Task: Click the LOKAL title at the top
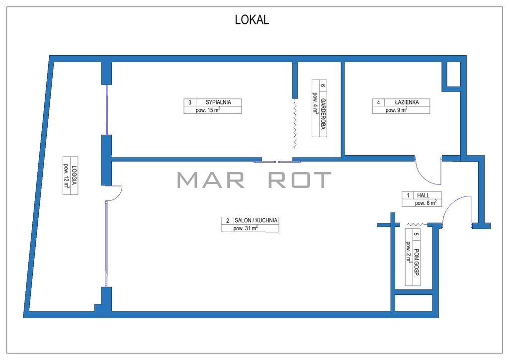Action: point(252,20)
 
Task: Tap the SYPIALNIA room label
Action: point(218,102)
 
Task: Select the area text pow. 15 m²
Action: point(208,110)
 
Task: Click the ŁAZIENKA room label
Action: point(407,102)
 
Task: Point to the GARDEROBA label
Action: point(323,114)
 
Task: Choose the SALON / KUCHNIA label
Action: point(256,220)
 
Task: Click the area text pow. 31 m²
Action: point(246,228)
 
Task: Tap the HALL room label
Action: point(424,195)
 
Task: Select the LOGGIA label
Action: point(75,176)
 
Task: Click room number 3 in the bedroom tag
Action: point(190,102)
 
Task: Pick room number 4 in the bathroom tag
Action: point(378,102)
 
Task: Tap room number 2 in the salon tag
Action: point(228,221)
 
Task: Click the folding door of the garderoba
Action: point(295,123)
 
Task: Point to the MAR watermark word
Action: point(211,180)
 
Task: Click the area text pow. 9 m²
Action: point(396,110)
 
